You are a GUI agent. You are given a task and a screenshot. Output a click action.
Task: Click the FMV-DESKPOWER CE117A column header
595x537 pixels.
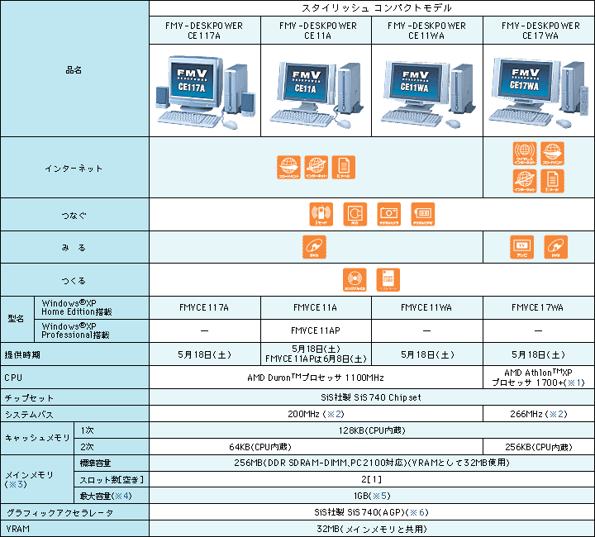[204, 31]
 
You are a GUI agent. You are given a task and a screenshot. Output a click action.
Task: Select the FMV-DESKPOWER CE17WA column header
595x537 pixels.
[539, 31]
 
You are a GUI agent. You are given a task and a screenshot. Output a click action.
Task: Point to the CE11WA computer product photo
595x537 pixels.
[426, 91]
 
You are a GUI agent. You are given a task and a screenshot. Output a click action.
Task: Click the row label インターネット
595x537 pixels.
[74, 169]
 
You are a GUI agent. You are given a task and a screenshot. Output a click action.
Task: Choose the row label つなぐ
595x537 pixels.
[74, 215]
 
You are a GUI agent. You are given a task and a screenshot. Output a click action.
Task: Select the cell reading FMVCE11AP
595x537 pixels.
[315, 330]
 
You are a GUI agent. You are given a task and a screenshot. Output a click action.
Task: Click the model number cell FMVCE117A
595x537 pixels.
[204, 307]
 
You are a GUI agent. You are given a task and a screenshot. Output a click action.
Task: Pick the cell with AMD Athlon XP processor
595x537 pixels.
[539, 378]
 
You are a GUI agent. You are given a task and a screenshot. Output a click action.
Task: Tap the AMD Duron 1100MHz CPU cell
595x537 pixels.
[315, 378]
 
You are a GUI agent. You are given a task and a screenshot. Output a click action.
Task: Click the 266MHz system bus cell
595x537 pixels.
[539, 413]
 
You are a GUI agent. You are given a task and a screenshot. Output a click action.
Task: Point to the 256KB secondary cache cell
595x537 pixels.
[539, 447]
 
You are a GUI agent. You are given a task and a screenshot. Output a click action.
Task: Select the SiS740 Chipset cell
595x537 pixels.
[371, 397]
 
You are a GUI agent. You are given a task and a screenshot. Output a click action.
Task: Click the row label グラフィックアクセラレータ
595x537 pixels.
[57, 513]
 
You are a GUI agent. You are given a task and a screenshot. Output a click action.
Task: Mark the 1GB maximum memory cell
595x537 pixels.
[371, 496]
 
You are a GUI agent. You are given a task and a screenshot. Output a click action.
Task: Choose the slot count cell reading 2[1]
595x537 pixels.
[371, 479]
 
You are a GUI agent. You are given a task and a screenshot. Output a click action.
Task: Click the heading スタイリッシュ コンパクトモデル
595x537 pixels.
[371, 7]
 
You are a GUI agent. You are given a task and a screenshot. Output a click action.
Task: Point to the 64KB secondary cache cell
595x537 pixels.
[315, 447]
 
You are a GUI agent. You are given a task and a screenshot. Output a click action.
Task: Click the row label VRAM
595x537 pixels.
[17, 529]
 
